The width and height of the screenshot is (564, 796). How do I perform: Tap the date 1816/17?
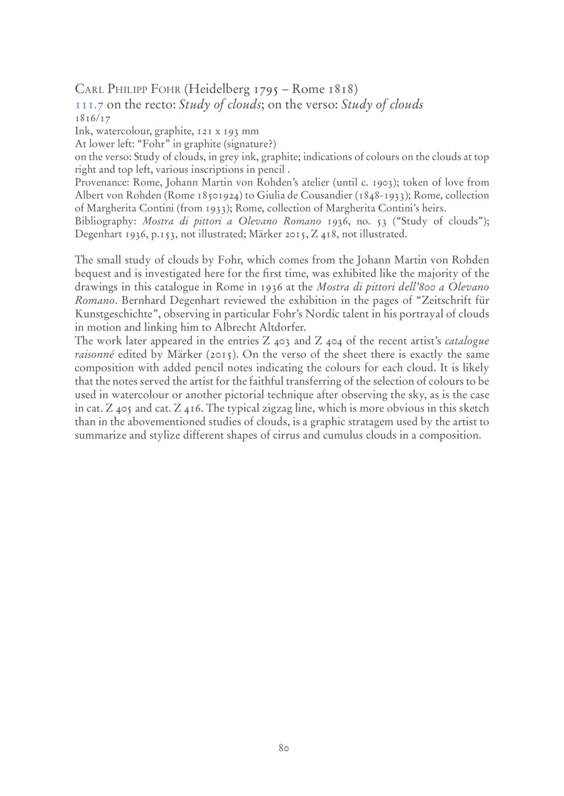click(90, 118)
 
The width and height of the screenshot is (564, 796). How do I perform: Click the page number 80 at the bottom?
click(284, 748)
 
